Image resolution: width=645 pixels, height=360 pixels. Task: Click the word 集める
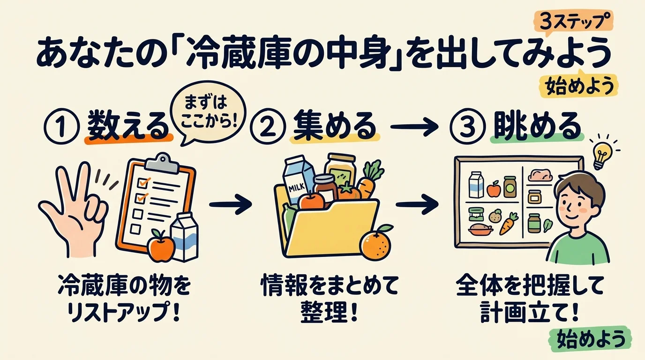[334, 126]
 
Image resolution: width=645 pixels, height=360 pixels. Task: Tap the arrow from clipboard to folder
[230, 204]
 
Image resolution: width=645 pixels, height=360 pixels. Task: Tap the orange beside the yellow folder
[375, 243]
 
